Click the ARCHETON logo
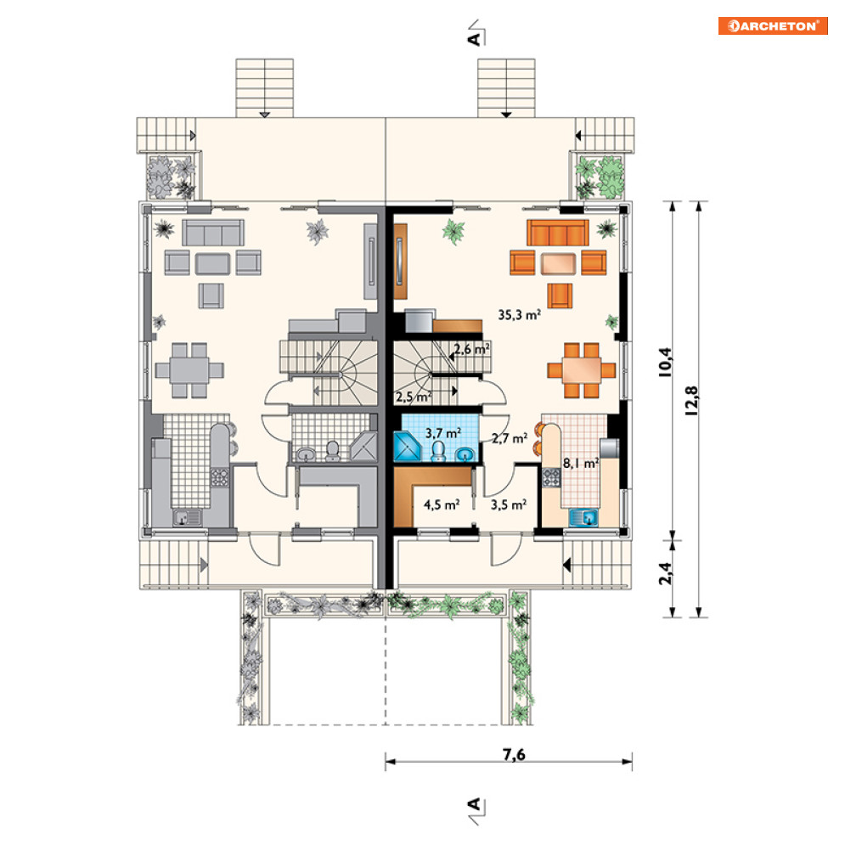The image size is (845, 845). (773, 25)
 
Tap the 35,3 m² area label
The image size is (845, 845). (519, 315)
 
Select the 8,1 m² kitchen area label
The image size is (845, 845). (581, 463)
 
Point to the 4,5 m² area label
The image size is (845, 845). (442, 504)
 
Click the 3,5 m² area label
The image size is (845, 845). (508, 504)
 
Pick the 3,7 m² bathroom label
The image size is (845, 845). (443, 433)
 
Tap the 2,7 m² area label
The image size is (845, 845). (510, 438)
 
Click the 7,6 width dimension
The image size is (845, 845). (514, 754)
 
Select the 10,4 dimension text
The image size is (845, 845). (665, 362)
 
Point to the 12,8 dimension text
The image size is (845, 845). (691, 400)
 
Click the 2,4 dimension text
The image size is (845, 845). (666, 573)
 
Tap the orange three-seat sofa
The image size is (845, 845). (558, 232)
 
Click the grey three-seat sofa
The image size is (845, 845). (213, 232)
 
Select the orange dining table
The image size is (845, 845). (581, 370)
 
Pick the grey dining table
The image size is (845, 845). (189, 370)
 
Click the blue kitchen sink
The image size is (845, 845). (583, 518)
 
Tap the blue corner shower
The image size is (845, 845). (408, 446)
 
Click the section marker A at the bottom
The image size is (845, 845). (476, 809)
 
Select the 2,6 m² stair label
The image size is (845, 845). (472, 349)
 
